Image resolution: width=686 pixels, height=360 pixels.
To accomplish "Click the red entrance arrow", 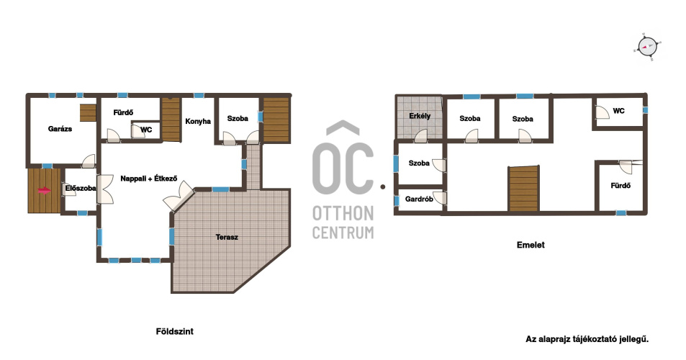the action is click(44, 190).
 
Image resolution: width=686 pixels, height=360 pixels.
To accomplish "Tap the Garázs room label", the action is click(60, 129).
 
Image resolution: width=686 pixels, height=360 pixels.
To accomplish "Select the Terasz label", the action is click(227, 237).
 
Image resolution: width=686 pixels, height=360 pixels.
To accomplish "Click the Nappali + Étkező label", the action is click(149, 179).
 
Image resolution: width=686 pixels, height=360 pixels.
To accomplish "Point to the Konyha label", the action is click(198, 121).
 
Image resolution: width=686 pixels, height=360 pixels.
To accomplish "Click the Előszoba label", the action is click(81, 188).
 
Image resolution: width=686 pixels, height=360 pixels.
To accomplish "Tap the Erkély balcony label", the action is click(420, 116).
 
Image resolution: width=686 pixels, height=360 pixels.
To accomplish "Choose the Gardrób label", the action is click(419, 199).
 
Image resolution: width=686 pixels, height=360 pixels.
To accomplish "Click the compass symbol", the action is click(648, 46).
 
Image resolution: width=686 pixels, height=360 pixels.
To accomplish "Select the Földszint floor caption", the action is click(175, 332).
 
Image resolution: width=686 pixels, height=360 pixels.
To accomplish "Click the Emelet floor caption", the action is click(531, 245).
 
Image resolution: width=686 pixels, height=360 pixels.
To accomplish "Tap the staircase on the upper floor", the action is click(524, 189).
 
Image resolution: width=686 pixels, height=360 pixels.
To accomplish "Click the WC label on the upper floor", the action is click(618, 111).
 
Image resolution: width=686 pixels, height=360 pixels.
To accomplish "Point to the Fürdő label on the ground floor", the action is click(123, 112).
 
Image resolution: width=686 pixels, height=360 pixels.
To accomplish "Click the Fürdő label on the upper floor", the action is click(620, 186).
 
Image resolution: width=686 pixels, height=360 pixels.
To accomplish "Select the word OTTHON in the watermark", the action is click(343, 213).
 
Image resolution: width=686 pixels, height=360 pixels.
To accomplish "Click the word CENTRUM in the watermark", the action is click(343, 233).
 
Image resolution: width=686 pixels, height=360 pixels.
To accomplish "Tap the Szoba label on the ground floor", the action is click(238, 119).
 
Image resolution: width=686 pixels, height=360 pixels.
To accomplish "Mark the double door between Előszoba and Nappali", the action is click(105, 189).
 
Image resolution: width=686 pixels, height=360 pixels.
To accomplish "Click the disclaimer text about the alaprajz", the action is click(587, 339).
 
